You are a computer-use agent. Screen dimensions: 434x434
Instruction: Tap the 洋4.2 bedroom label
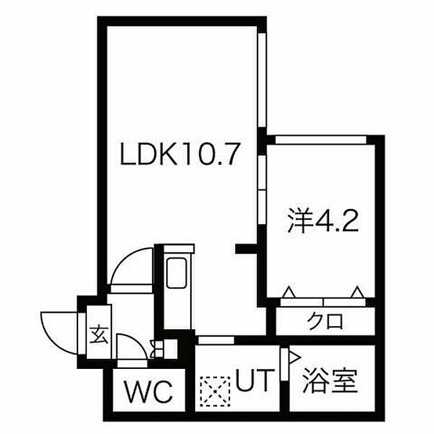click(323, 222)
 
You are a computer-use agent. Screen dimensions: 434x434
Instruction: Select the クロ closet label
click(326, 322)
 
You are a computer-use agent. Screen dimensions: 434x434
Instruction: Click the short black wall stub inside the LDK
click(247, 249)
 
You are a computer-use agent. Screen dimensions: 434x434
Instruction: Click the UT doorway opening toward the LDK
click(215, 339)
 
